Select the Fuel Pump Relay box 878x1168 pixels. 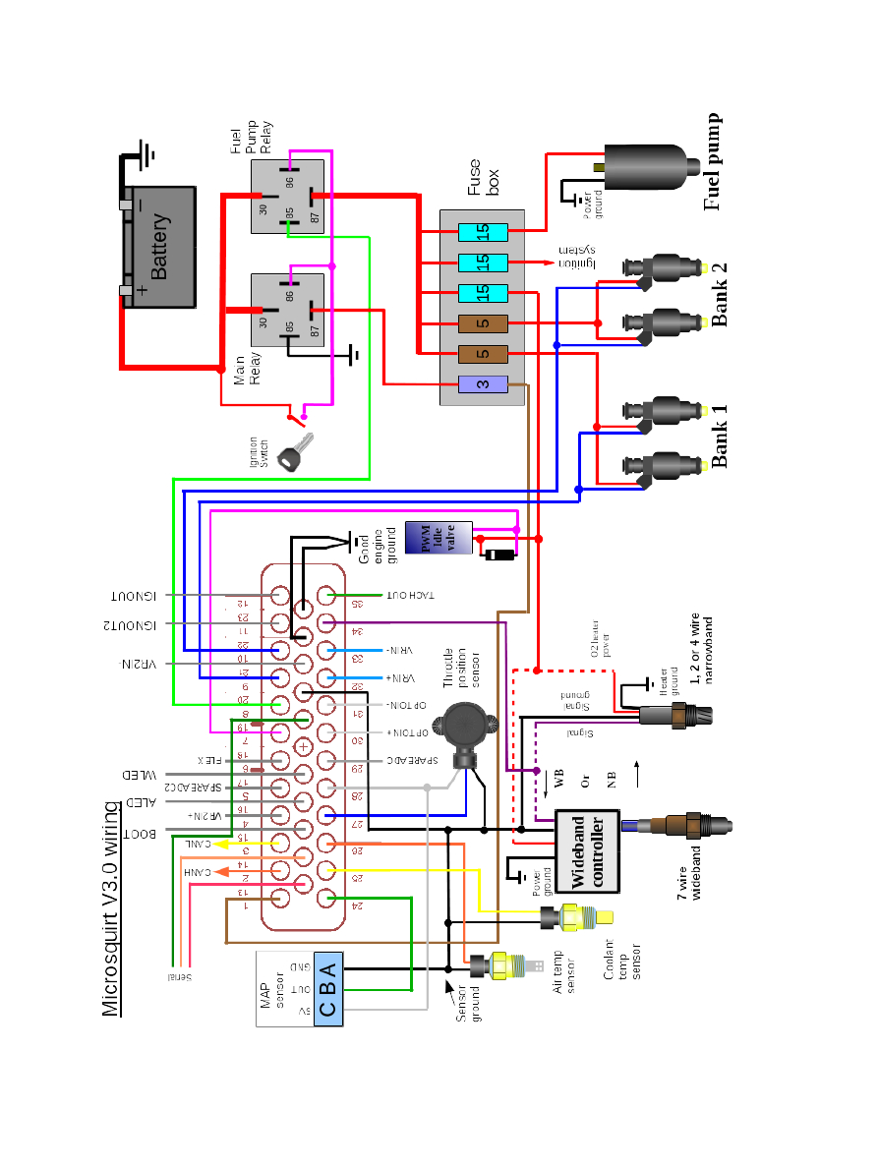pos(286,197)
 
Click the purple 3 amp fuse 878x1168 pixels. pos(482,383)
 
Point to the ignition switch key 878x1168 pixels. pos(292,456)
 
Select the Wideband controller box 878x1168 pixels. pos(587,851)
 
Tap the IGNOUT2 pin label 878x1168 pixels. pos(139,624)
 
